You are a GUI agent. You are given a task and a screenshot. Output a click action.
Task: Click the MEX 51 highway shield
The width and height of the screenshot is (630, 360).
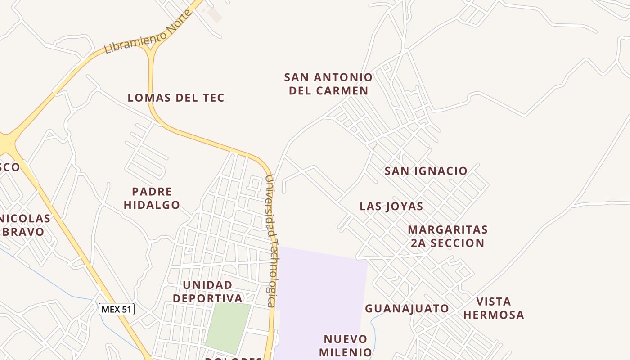click(117, 309)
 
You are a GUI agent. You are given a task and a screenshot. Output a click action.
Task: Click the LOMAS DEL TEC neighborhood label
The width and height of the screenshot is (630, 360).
click(176, 98)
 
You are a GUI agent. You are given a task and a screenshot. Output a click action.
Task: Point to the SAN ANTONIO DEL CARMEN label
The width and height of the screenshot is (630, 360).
click(328, 84)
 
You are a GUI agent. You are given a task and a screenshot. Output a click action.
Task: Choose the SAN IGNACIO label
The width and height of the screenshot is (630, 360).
click(426, 171)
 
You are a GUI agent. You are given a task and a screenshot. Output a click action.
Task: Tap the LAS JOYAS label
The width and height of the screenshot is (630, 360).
click(391, 207)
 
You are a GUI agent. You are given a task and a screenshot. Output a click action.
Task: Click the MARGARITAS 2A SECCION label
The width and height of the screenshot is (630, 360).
click(448, 236)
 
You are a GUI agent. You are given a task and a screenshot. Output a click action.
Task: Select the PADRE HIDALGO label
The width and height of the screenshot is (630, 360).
click(152, 198)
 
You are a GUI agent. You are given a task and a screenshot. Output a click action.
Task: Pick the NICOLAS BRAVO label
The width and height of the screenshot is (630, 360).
click(25, 225)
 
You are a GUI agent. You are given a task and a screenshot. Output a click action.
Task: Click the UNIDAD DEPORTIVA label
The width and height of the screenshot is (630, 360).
click(207, 292)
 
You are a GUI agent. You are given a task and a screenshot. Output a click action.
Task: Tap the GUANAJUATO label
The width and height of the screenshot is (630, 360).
click(407, 308)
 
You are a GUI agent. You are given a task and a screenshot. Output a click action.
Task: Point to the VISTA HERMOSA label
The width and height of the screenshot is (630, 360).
click(494, 308)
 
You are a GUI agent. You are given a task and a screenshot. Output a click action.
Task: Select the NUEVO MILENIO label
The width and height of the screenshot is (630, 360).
click(346, 345)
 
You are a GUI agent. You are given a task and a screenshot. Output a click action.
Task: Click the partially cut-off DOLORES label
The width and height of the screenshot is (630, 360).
click(234, 358)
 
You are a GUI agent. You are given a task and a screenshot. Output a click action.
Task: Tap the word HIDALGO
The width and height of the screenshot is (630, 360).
click(152, 205)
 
